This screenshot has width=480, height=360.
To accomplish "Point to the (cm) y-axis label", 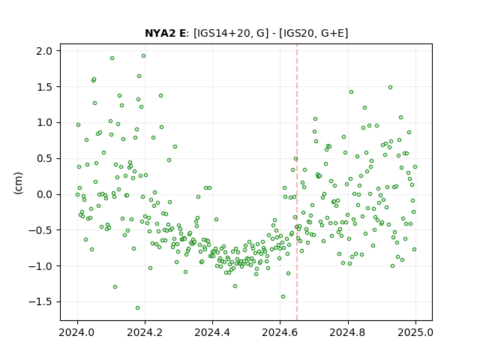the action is pos(18,183).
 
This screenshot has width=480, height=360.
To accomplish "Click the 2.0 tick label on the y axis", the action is pos(44,51).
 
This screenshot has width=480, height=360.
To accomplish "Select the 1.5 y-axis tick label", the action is pos(44,87).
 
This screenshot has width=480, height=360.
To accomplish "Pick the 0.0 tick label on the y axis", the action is pos(44,194).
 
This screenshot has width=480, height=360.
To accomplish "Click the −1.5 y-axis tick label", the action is pos(40,301).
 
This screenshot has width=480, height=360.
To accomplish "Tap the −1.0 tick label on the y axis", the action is pos(40,266).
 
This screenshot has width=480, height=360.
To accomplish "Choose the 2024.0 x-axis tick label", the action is pos(77,332).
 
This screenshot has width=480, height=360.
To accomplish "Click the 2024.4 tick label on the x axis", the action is pos(212,332).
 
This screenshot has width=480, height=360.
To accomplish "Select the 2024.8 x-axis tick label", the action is pos(348,332).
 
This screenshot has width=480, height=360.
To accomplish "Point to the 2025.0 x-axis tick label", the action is pos(415,332).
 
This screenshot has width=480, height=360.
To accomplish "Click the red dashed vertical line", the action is pos(297,182).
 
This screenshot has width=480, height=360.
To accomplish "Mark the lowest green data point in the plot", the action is pos(137,308).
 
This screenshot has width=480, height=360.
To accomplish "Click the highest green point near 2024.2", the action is pos(143,56).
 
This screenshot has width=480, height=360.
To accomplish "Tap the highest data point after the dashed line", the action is pos(390,88).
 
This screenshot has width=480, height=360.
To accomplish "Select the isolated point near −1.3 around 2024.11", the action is pos(115,286).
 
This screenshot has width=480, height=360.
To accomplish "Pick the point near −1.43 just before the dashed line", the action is pos(283,297).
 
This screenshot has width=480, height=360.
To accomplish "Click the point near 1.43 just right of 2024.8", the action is pos(352,91).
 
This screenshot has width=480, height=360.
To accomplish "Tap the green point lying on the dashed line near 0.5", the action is pos(295,159).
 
